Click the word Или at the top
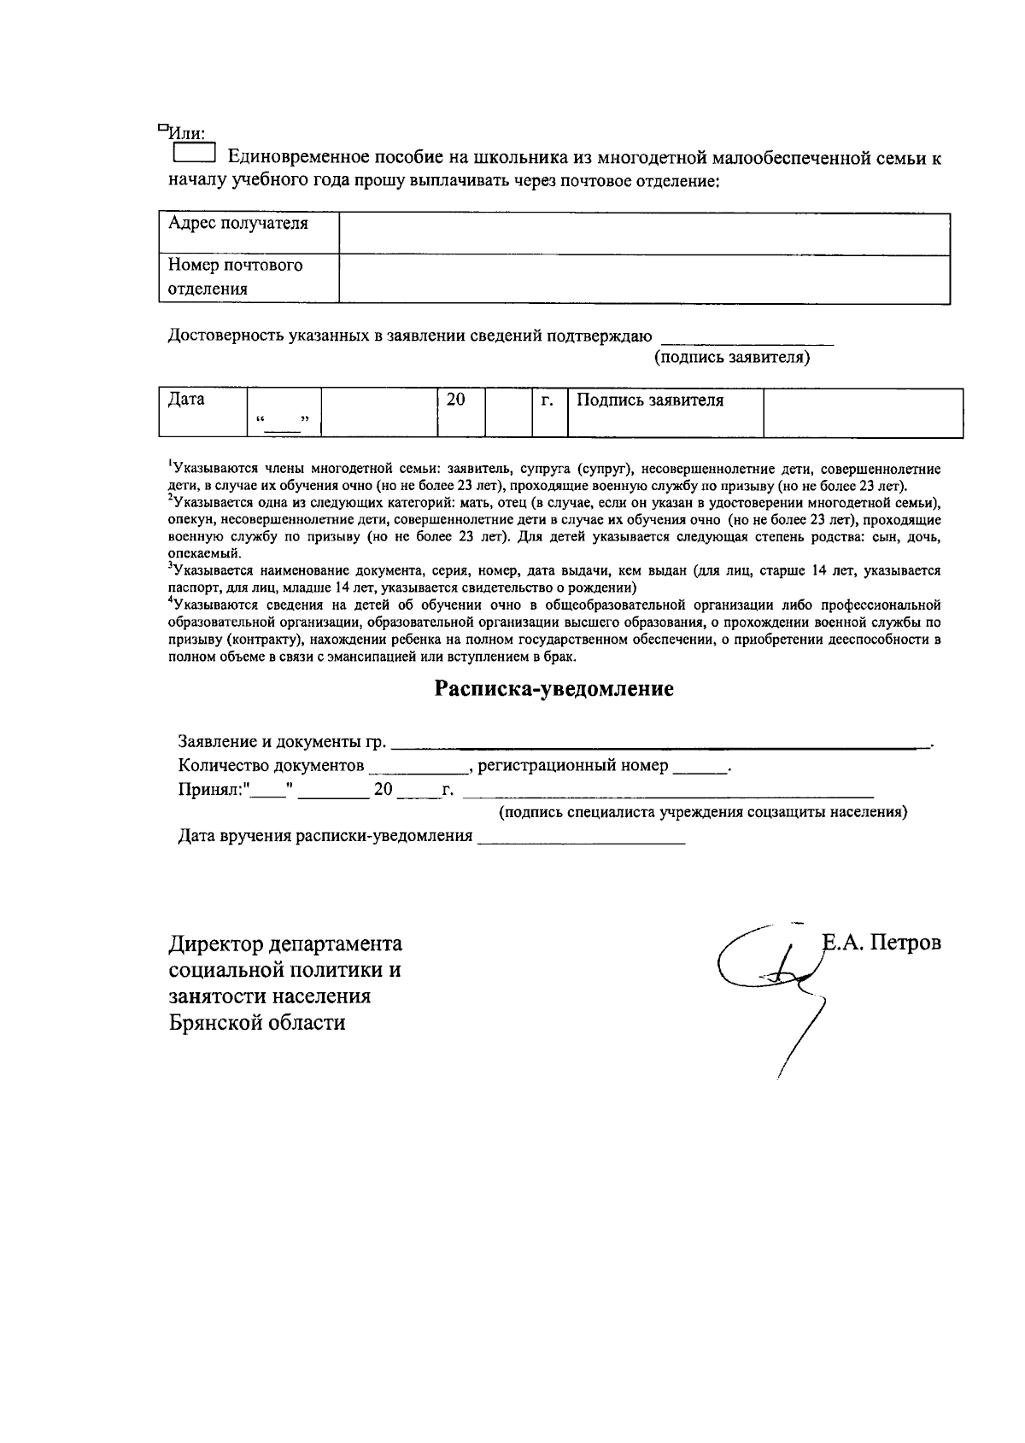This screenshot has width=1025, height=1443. (185, 133)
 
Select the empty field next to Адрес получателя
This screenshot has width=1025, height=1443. (645, 233)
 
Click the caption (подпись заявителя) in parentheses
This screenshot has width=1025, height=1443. (732, 358)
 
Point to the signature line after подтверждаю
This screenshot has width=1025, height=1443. (748, 340)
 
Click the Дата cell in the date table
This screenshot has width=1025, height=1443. (203, 412)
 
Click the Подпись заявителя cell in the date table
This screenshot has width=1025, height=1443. (665, 412)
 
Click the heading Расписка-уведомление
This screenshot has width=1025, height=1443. (554, 689)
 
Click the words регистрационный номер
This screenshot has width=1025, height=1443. (572, 766)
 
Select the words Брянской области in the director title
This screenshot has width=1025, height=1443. (257, 1022)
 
